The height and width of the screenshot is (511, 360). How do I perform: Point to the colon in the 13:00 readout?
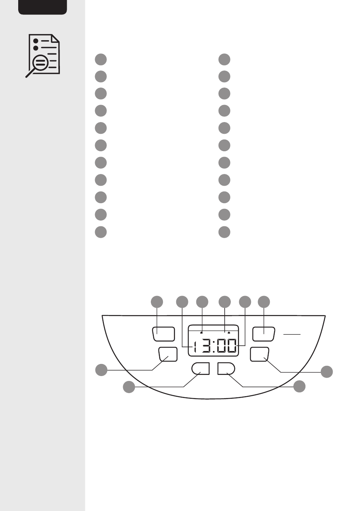point(214,346)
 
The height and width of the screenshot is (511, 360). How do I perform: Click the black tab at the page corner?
point(43,7)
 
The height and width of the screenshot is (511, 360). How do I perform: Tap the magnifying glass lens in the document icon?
point(40,62)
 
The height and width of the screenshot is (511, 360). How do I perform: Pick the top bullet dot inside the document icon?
point(36,41)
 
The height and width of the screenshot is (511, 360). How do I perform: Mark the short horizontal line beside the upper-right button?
point(292,334)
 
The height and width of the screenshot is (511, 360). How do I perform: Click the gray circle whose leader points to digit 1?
point(182,302)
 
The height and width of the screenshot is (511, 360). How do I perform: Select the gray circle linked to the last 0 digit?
point(245,302)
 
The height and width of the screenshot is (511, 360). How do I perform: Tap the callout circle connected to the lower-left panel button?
point(101,370)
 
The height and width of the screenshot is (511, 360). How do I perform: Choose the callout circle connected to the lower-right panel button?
point(327,371)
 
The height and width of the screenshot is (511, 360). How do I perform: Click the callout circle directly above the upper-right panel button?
point(264,302)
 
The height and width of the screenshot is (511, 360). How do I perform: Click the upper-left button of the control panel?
point(163,334)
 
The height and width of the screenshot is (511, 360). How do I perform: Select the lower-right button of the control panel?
point(260,354)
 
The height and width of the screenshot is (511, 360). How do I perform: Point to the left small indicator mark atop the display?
point(201,332)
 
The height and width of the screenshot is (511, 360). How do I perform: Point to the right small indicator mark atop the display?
point(229,332)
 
